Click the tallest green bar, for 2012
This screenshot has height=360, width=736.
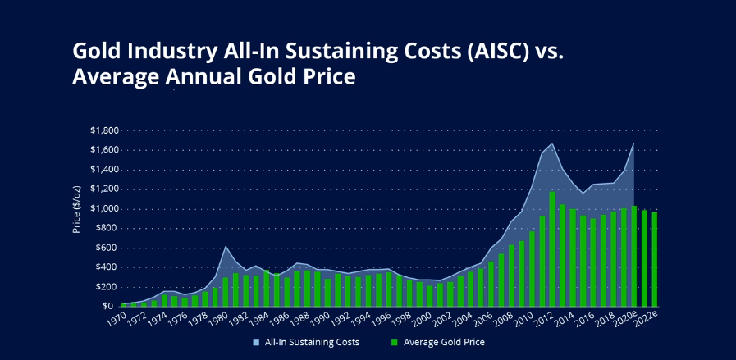[x=552, y=248]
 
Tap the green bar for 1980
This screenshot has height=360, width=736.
[x=226, y=292]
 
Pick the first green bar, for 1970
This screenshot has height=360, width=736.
[x=123, y=304]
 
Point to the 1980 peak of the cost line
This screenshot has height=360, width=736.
[x=226, y=246]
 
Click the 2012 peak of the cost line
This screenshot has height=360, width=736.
[x=552, y=144]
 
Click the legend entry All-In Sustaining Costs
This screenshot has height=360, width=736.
[x=306, y=342]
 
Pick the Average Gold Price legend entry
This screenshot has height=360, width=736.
[x=438, y=342]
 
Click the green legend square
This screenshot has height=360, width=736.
[x=395, y=342]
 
